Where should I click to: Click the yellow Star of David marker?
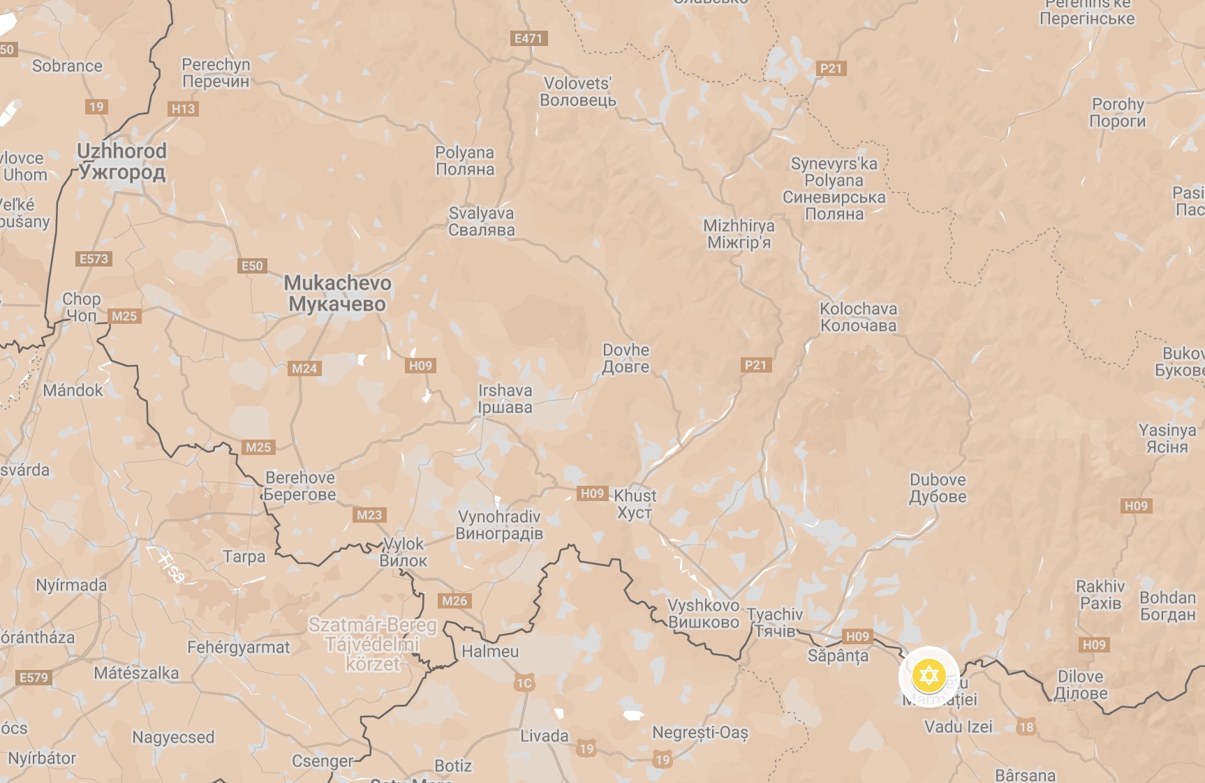click(929, 676)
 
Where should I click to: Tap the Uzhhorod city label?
click(121, 161)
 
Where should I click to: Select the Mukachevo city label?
click(337, 293)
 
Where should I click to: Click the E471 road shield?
click(528, 38)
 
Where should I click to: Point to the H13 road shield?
click(183, 109)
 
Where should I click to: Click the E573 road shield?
click(94, 259)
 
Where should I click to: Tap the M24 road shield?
click(304, 368)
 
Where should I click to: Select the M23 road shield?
click(369, 515)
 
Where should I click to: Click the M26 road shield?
click(454, 601)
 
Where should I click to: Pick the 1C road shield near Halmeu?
click(524, 683)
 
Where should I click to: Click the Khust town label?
click(635, 504)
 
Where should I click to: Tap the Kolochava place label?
click(858, 317)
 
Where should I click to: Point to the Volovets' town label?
click(577, 91)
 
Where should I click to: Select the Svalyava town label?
click(481, 221)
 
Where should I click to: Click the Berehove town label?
click(300, 486)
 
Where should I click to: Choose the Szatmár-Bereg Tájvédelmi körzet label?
click(372, 644)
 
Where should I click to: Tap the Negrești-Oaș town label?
click(700, 733)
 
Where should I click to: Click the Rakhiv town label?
click(1100, 595)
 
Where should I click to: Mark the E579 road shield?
click(34, 678)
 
